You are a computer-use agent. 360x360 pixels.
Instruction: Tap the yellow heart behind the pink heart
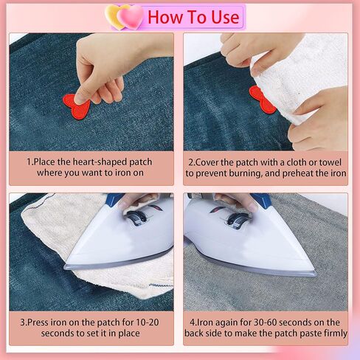point(112,17)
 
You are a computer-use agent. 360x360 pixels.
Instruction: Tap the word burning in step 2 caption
point(245,173)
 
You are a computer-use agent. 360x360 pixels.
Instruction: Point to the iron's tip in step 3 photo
point(66,266)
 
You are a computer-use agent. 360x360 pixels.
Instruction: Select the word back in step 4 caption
point(194,333)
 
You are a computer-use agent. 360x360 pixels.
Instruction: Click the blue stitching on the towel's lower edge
point(161,285)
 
